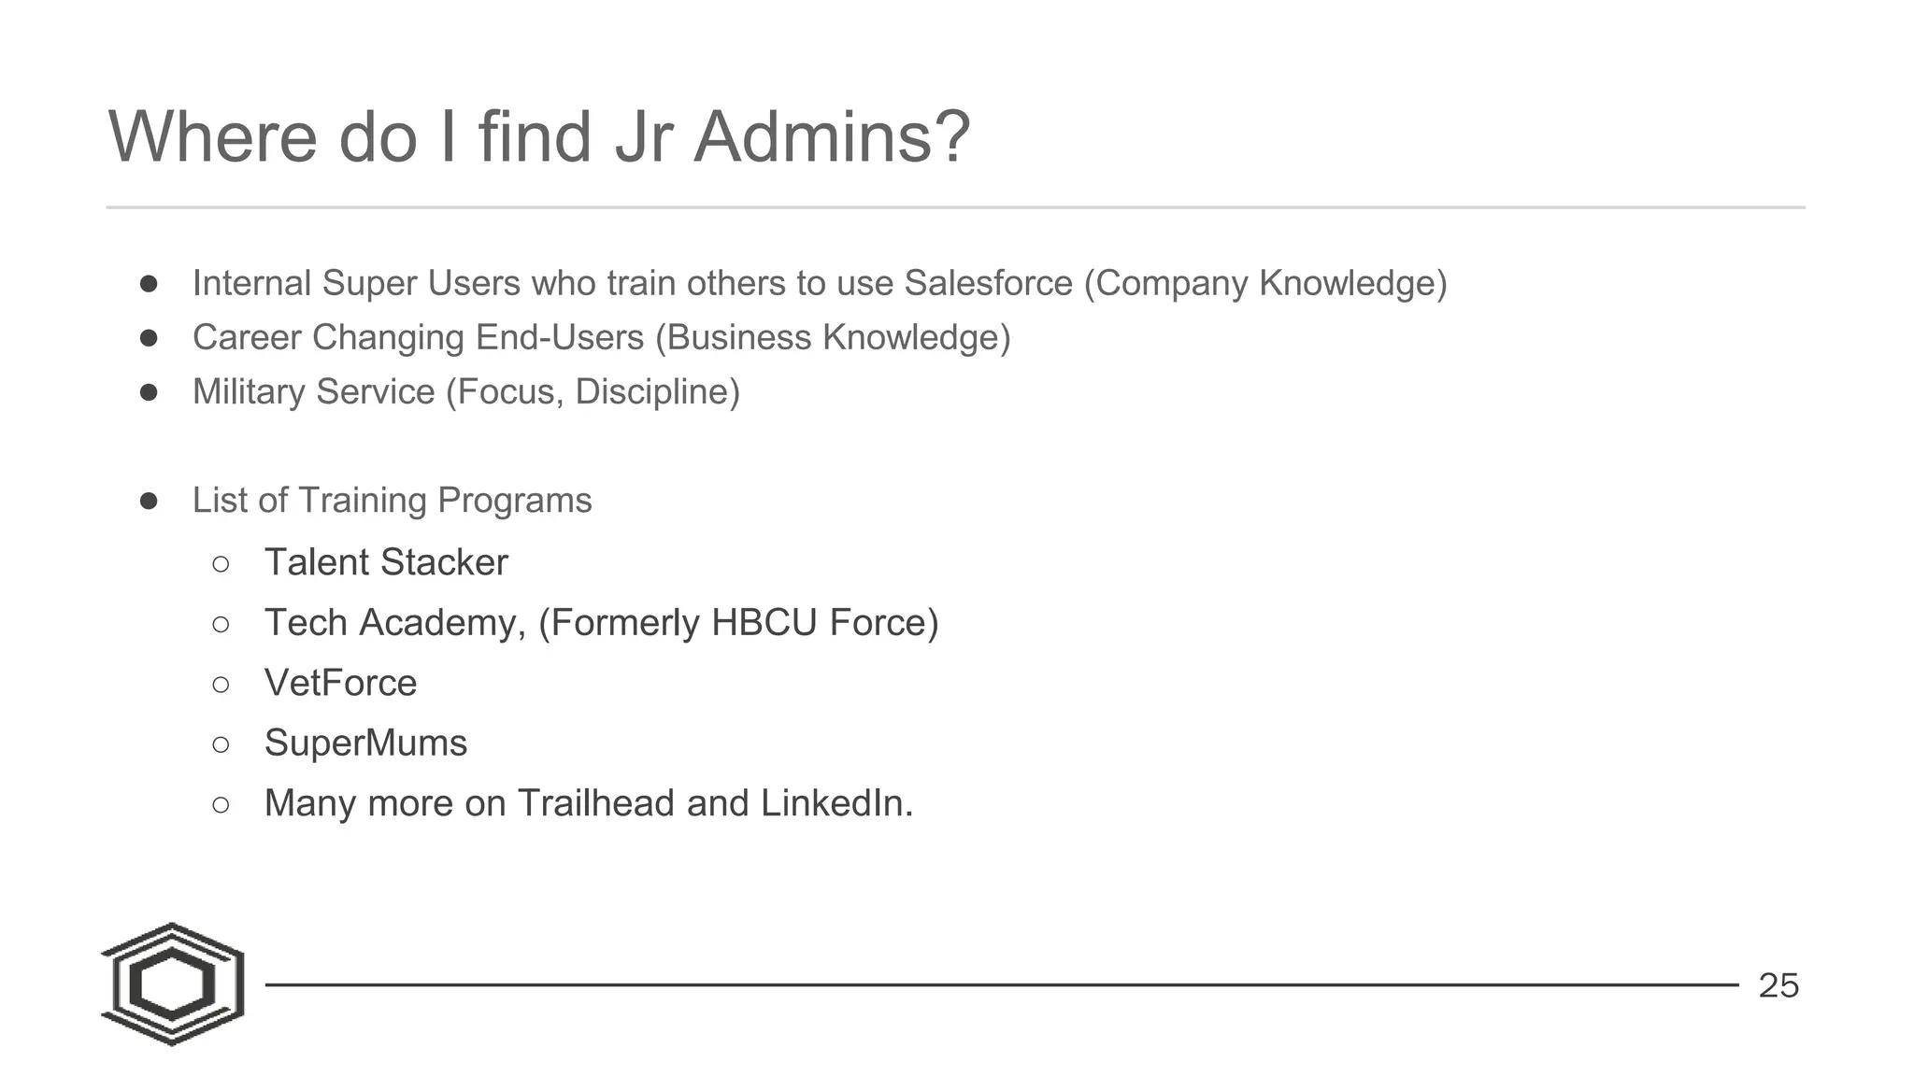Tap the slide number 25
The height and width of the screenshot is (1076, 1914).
point(1778,985)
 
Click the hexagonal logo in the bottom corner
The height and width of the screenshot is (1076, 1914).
point(173,984)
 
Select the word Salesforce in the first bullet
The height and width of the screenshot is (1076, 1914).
point(988,283)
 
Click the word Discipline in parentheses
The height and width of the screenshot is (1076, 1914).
point(657,392)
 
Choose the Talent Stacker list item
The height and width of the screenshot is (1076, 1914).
point(386,562)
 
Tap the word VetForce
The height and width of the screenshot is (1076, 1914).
point(340,683)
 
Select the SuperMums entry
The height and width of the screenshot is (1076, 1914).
point(365,743)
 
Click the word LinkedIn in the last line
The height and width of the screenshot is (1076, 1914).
point(836,803)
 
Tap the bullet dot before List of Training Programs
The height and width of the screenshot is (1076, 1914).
point(149,501)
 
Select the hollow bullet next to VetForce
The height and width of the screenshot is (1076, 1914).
point(221,685)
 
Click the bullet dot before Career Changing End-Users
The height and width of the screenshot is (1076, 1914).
point(149,337)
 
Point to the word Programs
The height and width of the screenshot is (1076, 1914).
point(514,501)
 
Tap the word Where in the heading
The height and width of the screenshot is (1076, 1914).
point(214,137)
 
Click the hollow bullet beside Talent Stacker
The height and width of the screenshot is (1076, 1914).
point(221,564)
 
